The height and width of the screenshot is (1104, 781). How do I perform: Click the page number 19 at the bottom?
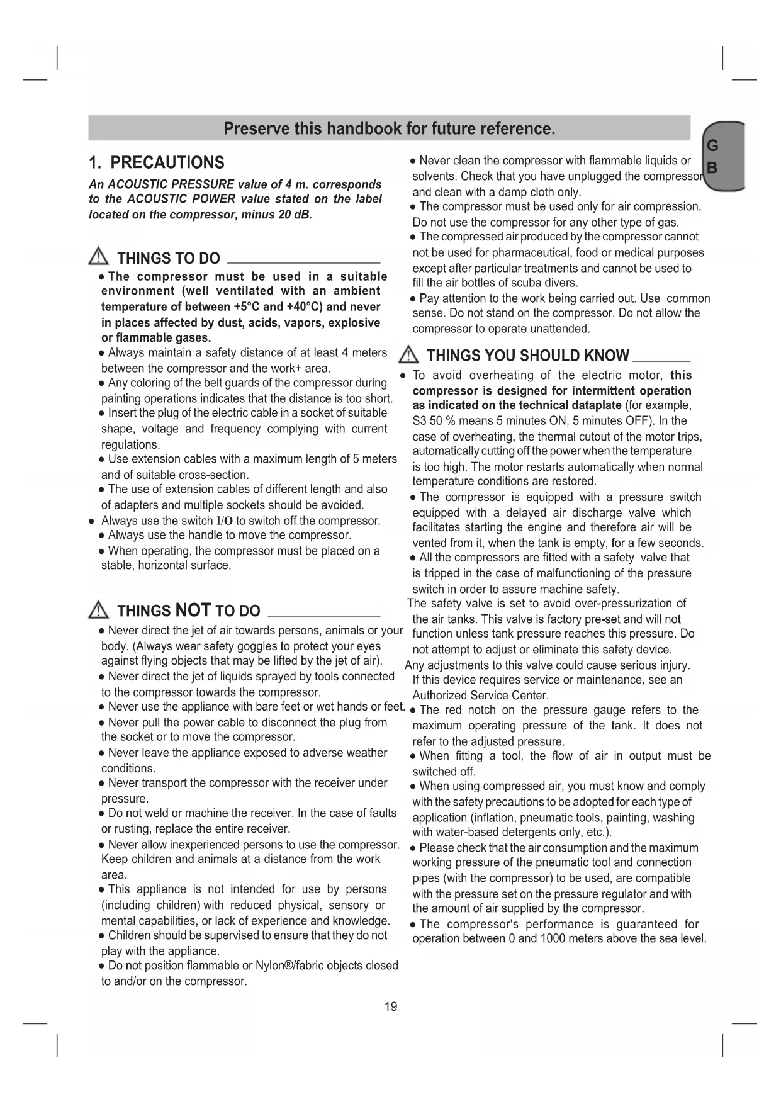(x=391, y=1006)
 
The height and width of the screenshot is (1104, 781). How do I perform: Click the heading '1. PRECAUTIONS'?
(x=157, y=163)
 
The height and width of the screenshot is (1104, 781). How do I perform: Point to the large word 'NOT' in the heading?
(x=193, y=610)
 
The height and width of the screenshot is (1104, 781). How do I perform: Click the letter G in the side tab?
(x=712, y=146)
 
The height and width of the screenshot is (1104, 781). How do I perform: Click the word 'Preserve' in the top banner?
(x=255, y=129)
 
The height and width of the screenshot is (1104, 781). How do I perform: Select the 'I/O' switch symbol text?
(x=225, y=521)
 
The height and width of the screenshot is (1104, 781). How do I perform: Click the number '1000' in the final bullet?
(x=554, y=939)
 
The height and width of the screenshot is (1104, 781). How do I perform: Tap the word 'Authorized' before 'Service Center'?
(x=439, y=696)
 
